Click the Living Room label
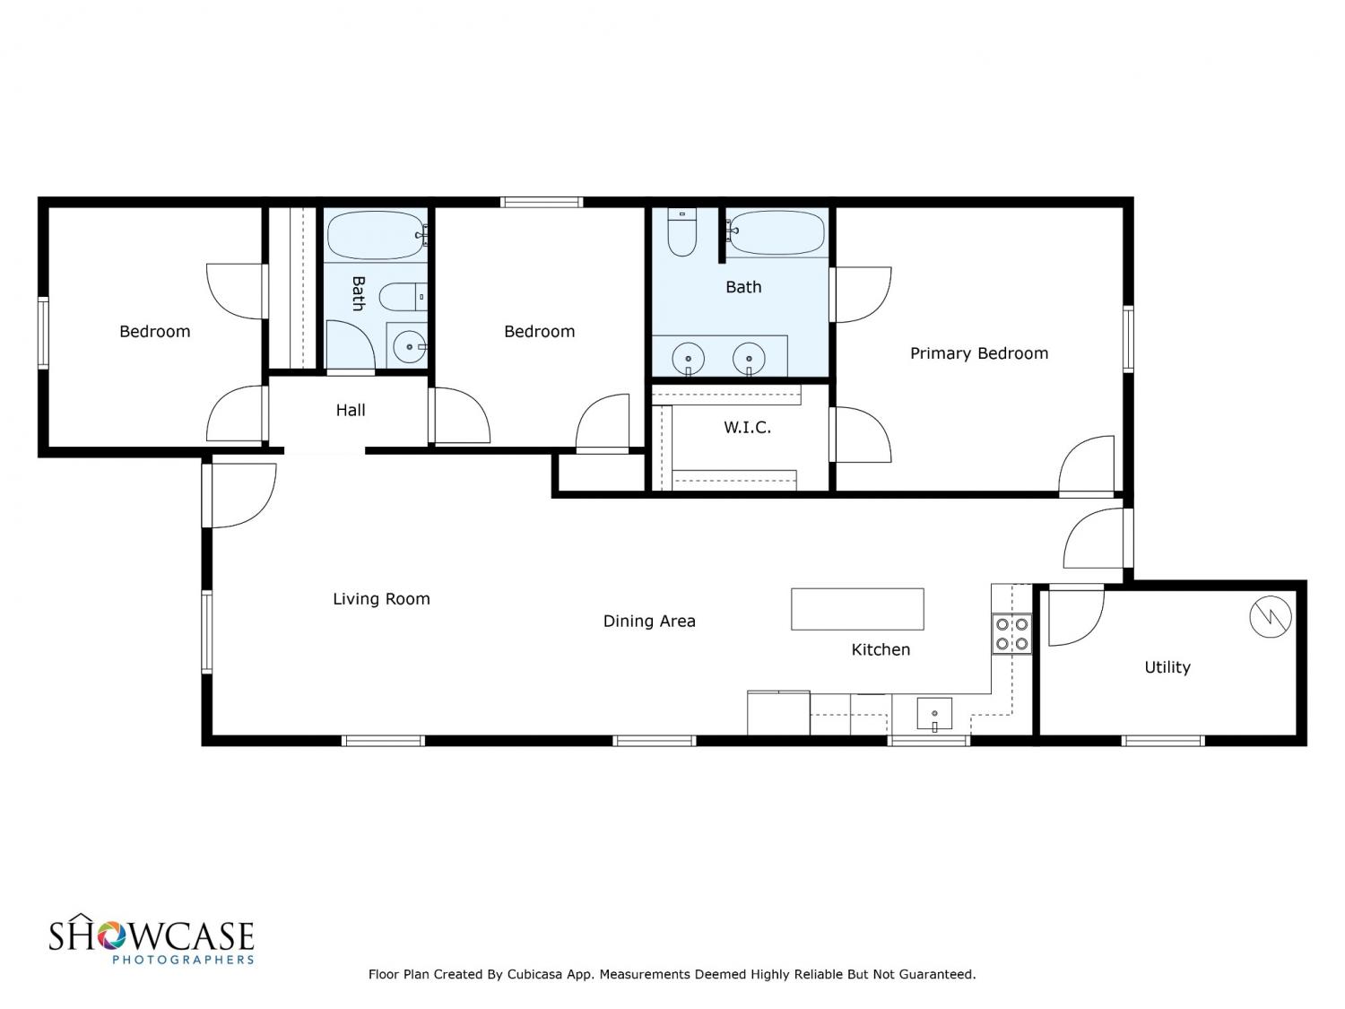tap(381, 599)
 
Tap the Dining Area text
tap(649, 622)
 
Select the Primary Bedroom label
tap(978, 353)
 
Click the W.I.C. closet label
tap(747, 428)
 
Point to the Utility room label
tap(1167, 667)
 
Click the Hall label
tap(351, 410)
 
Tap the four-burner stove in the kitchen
tap(1011, 634)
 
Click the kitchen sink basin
tap(934, 714)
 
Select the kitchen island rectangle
tap(857, 609)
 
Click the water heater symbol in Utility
tap(1271, 616)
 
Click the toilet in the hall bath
tap(403, 297)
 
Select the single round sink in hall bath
tap(409, 347)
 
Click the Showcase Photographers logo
tap(152, 939)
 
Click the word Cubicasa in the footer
tap(534, 974)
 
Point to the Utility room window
tap(1163, 741)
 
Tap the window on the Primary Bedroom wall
tap(1128, 339)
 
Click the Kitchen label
tap(881, 649)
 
